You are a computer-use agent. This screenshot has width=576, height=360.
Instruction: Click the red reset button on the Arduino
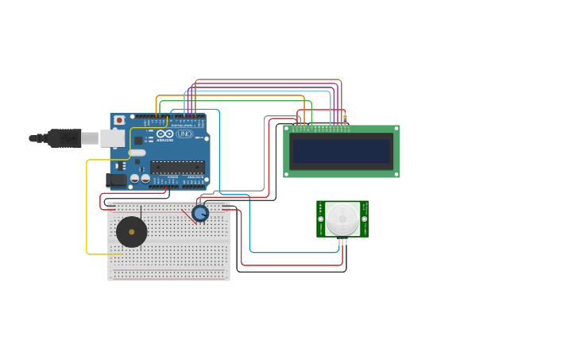(119, 120)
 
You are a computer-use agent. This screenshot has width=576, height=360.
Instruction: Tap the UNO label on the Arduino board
(184, 134)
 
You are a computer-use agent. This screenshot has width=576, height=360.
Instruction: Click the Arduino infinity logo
(164, 134)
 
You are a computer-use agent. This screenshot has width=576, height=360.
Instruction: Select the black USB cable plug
(64, 138)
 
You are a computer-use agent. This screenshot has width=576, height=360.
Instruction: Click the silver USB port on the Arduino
(112, 138)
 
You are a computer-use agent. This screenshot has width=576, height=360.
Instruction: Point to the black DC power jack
(116, 180)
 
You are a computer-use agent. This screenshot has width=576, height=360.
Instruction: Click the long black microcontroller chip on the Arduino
(177, 167)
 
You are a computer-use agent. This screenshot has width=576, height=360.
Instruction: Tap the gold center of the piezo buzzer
(131, 232)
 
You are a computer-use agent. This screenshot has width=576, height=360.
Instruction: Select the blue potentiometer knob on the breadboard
(200, 213)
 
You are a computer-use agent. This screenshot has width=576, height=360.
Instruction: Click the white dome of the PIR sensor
(342, 219)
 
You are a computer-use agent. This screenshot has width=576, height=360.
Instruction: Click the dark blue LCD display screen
(341, 151)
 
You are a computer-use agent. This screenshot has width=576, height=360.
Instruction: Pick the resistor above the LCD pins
(345, 119)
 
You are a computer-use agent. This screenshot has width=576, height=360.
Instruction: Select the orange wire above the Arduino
(230, 96)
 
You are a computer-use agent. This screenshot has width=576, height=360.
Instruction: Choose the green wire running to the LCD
(238, 101)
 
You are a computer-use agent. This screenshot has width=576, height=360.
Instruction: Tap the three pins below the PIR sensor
(342, 240)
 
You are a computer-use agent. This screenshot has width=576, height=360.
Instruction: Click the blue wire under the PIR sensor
(294, 253)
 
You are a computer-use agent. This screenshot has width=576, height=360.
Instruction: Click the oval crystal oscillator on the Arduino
(137, 153)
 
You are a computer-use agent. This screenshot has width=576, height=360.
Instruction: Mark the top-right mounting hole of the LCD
(396, 129)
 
